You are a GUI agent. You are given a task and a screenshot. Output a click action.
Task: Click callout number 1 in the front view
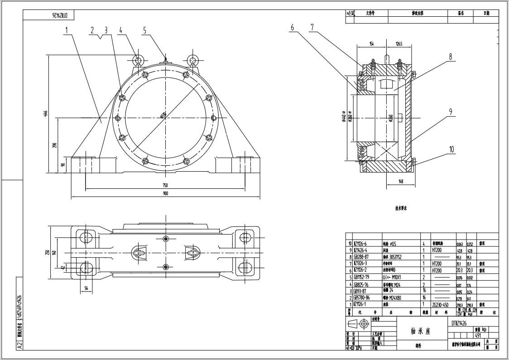point(66,30)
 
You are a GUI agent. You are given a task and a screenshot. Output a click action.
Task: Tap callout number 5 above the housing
point(145,30)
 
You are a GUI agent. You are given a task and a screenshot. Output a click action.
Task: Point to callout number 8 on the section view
point(451,57)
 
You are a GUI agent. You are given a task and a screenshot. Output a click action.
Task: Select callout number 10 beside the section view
point(451,149)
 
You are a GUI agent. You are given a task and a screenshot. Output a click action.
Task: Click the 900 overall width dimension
point(165,194)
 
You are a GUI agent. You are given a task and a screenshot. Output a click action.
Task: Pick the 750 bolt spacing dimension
point(165,185)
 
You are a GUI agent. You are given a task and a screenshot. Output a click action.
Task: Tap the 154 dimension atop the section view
point(371,44)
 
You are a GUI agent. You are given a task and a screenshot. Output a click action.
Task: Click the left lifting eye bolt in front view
point(138,60)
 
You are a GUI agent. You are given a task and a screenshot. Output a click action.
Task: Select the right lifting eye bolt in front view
point(193,60)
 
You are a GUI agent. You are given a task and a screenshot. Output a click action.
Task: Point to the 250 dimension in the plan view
point(47,252)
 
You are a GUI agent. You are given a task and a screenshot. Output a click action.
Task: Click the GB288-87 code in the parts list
point(362,257)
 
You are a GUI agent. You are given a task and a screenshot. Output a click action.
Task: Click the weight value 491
point(478,336)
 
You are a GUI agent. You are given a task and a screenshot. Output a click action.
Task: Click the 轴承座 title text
point(421,331)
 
